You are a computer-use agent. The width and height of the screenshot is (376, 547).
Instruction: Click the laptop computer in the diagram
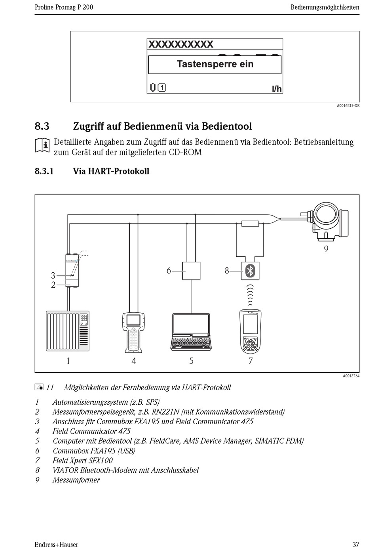191,332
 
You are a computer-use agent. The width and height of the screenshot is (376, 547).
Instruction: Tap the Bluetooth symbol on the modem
250,271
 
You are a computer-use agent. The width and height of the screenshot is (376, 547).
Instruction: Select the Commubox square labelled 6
191,271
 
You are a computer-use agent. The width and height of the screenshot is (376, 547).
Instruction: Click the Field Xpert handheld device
251,331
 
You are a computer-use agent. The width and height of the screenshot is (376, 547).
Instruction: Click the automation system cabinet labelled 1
67,331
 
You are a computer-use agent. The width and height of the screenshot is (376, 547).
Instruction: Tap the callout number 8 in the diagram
227,271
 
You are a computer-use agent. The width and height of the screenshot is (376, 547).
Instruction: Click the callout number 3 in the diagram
53,275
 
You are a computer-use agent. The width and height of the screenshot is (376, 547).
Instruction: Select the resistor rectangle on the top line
250,224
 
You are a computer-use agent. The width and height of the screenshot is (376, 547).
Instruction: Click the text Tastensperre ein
215,64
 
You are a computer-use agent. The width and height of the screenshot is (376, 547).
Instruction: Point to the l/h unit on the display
277,89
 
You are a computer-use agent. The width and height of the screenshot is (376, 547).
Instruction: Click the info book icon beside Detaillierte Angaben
42,145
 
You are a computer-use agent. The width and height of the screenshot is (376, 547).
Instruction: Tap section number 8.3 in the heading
42,126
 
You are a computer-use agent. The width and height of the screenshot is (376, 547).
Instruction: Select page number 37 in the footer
355,544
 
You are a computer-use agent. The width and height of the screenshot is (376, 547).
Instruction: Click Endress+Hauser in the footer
56,544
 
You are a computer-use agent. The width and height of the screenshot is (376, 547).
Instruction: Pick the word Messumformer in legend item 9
76,480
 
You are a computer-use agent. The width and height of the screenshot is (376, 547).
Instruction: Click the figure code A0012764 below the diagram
351,376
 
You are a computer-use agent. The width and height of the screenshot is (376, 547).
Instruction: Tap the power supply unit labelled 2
72,282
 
